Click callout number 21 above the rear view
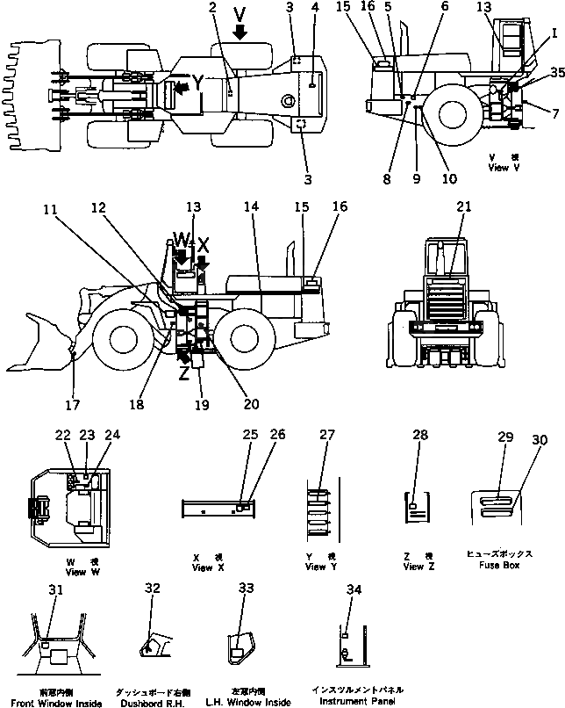(x=463, y=206)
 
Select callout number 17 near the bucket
(x=73, y=406)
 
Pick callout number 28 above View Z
(x=420, y=437)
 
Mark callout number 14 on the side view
(x=253, y=206)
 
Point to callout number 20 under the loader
(x=252, y=406)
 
